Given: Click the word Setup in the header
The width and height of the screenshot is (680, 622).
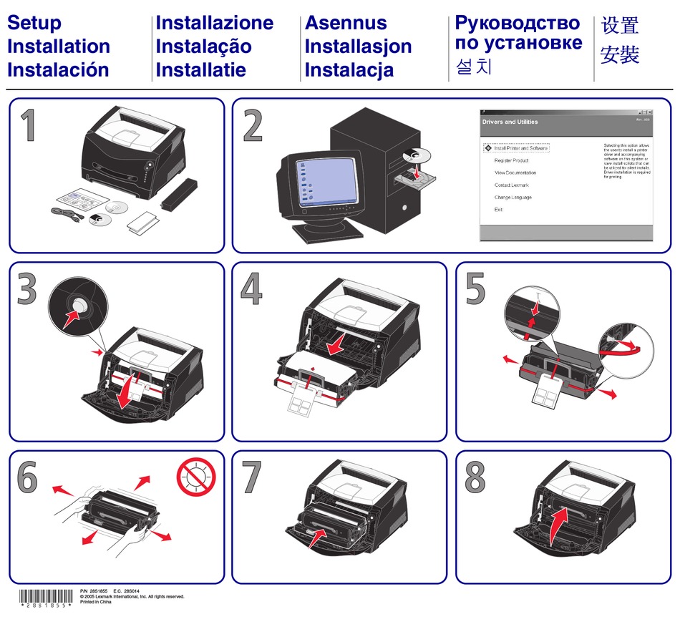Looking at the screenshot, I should [34, 23].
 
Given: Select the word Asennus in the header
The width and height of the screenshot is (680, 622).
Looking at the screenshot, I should [346, 23].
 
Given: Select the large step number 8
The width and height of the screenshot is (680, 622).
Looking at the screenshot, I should [475, 477].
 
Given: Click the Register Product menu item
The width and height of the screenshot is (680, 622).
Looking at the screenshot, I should [511, 160].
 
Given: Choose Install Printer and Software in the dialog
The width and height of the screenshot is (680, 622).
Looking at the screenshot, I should [520, 148].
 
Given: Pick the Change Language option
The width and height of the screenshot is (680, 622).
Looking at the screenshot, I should [513, 198].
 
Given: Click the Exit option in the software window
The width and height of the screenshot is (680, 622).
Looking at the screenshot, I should [498, 210].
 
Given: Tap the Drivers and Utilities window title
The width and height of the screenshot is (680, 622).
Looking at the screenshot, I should [510, 122].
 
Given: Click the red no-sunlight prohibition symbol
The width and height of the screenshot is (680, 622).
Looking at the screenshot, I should [195, 477].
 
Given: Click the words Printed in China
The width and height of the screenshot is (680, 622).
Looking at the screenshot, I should [96, 602].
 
